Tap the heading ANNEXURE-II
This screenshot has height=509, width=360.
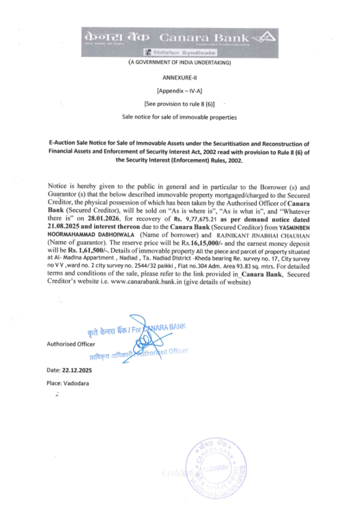click(x=180, y=77)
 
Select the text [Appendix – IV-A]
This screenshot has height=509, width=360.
click(x=180, y=91)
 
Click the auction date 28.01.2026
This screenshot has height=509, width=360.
click(x=103, y=219)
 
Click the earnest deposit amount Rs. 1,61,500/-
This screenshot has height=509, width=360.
click(x=88, y=250)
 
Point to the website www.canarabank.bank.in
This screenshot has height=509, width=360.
click(x=146, y=282)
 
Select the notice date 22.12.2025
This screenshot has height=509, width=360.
click(x=77, y=370)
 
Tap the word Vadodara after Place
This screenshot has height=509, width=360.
click(x=76, y=383)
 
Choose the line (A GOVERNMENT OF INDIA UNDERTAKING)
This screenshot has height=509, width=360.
click(x=180, y=62)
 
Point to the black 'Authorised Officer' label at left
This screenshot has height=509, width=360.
click(x=71, y=344)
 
